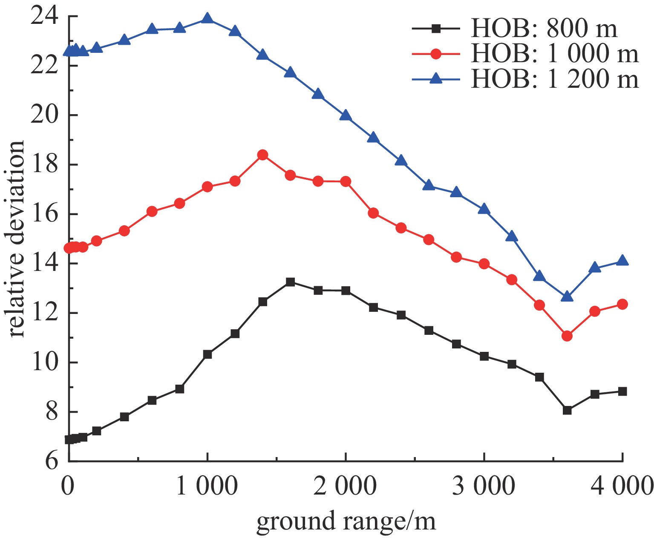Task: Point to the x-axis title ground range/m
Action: tap(346, 521)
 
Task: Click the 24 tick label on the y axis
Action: tap(43, 17)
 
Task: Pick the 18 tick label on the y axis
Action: tap(43, 165)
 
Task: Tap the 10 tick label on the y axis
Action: tap(43, 363)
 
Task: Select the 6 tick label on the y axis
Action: tap(51, 462)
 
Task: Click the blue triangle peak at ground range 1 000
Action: tap(207, 18)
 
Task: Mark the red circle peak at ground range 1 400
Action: tap(262, 155)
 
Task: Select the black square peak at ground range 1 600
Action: tap(290, 282)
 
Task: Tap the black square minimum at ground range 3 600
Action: tap(567, 410)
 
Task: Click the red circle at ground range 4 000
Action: tap(622, 304)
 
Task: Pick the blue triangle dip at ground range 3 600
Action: tap(567, 296)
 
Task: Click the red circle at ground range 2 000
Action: tap(346, 181)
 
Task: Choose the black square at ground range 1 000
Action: tap(207, 354)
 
